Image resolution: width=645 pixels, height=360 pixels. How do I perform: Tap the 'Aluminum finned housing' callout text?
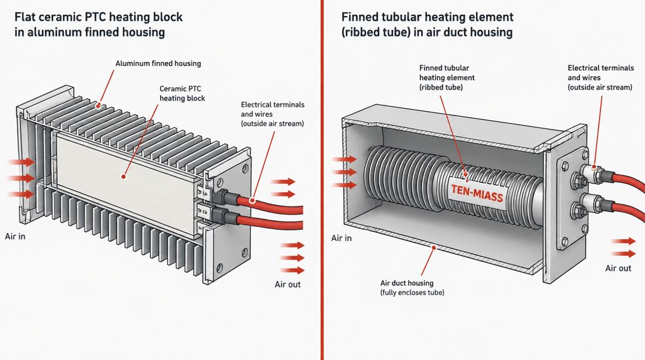coord(158,63)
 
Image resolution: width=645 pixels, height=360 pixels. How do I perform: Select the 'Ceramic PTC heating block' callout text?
coord(182,93)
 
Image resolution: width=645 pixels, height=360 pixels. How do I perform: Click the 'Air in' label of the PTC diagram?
coord(15,236)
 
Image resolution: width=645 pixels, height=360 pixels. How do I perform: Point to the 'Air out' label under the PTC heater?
coord(287,284)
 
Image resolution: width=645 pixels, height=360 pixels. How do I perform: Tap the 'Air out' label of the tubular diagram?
coord(618,269)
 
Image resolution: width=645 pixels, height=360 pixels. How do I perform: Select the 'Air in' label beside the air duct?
coord(341,238)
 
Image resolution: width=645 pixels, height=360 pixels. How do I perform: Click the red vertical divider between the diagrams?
coord(322,180)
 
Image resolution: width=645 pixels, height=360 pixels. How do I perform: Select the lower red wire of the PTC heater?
coord(270,223)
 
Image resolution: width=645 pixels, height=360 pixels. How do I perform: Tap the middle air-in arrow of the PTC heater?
coord(21,178)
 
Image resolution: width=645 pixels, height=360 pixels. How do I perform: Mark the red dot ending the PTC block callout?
coord(123,177)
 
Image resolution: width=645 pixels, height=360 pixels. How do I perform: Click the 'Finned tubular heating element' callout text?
coord(447,77)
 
